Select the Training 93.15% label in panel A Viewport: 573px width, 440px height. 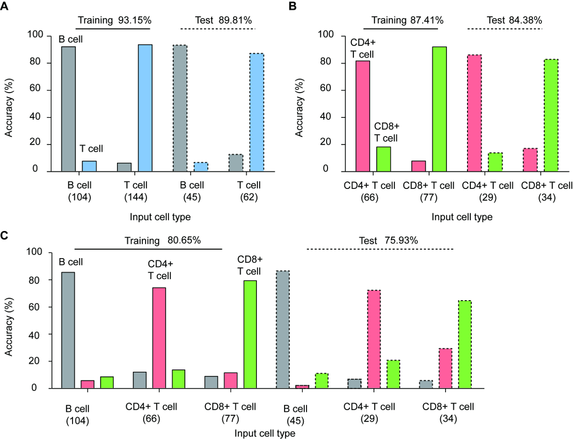pyautogui.click(x=114, y=21)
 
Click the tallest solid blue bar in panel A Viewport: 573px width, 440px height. pyautogui.click(x=145, y=108)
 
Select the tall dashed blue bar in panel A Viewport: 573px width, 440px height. pyautogui.click(x=256, y=112)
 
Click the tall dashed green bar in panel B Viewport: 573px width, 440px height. pyautogui.click(x=551, y=115)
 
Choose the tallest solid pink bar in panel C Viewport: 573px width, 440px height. pyautogui.click(x=159, y=338)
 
